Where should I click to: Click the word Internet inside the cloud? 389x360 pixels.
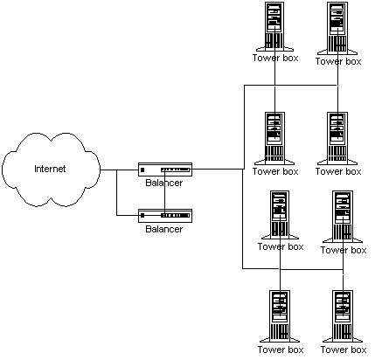click(50, 169)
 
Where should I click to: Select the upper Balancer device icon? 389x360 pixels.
click(165, 170)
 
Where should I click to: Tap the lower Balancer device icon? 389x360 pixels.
click(165, 216)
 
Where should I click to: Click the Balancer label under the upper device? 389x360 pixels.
click(164, 183)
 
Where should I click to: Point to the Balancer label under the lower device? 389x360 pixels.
click(164, 229)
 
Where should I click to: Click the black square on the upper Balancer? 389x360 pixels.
click(142, 170)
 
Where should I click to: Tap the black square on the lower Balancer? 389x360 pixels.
click(142, 216)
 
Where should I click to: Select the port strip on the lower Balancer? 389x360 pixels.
click(176, 216)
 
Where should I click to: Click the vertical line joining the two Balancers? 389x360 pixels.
click(164, 192)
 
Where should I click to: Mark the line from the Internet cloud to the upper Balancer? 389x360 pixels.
click(119, 170)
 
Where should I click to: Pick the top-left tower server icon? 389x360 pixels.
click(274, 27)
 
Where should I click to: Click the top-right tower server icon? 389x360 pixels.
click(337, 29)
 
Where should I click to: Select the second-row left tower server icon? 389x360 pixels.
click(274, 138)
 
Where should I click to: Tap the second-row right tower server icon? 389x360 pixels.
click(337, 138)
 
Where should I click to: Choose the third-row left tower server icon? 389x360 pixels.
click(280, 215)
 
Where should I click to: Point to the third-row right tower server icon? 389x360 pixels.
click(343, 217)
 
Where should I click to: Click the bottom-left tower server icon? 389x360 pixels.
click(280, 316)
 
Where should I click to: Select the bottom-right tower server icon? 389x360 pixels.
click(343, 316)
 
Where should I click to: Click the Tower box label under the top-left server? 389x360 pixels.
click(275, 58)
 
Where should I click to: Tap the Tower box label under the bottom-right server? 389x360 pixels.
click(344, 350)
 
